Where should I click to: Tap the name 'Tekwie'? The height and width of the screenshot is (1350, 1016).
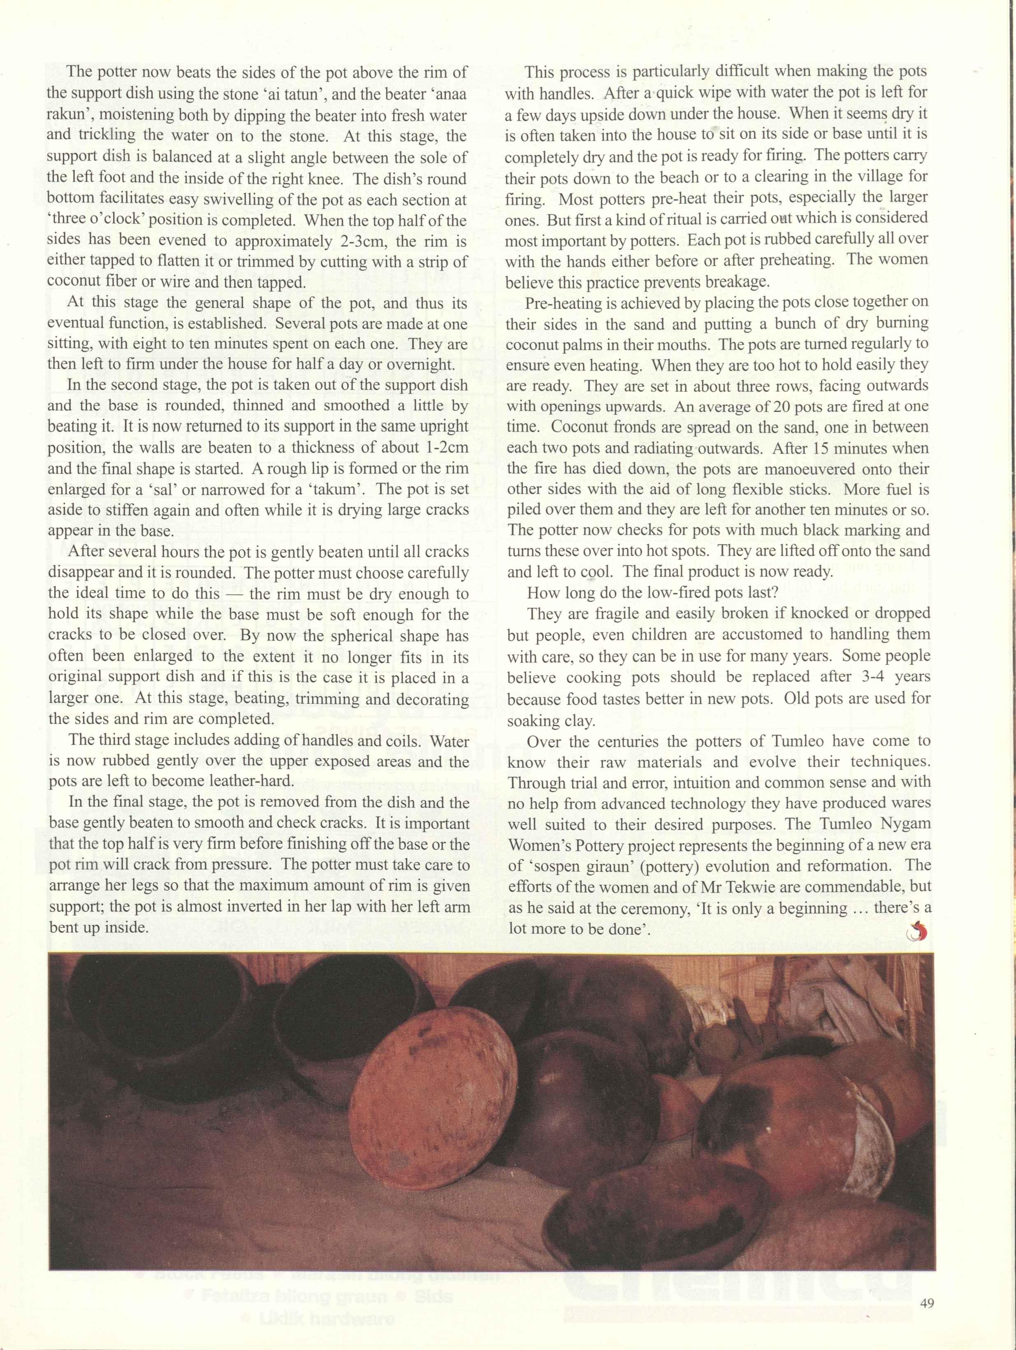pyautogui.click(x=733, y=887)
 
